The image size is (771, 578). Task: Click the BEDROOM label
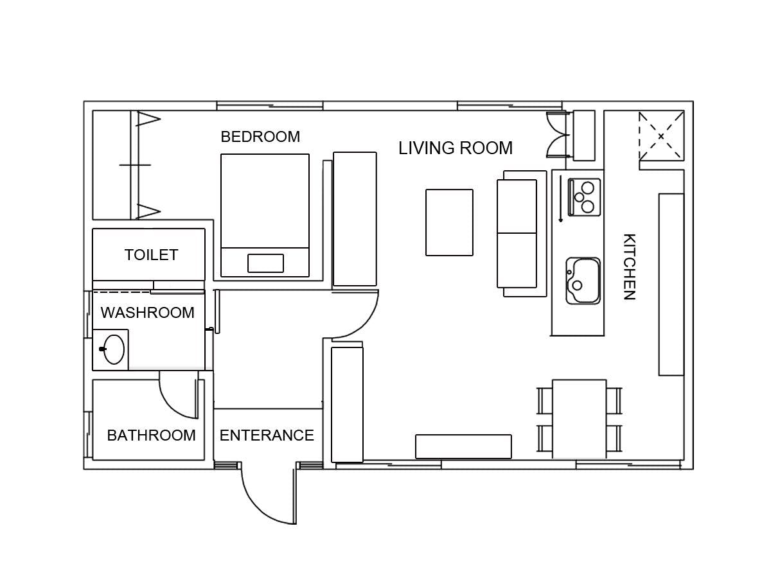pos(260,137)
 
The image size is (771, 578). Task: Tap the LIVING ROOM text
pos(456,148)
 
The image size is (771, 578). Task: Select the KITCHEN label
pos(629,267)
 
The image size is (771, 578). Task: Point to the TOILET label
pos(151,255)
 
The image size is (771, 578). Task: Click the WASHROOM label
pos(148,312)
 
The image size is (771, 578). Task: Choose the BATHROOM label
pos(151,435)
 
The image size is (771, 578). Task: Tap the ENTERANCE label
pos(267,435)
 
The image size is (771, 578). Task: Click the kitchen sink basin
pos(583,281)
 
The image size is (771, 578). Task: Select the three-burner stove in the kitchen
pos(584,197)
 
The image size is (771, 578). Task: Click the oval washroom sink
pos(114,349)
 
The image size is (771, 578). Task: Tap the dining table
pos(580,419)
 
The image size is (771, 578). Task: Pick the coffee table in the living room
pos(449,222)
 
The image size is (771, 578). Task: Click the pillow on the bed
pos(265,263)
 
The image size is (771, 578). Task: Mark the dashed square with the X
pos(661,136)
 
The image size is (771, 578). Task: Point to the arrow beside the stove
pos(561,198)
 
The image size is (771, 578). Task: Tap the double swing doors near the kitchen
pos(558,135)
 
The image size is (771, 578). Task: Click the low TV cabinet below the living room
pos(463,446)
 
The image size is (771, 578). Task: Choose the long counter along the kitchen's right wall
pos(671,285)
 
